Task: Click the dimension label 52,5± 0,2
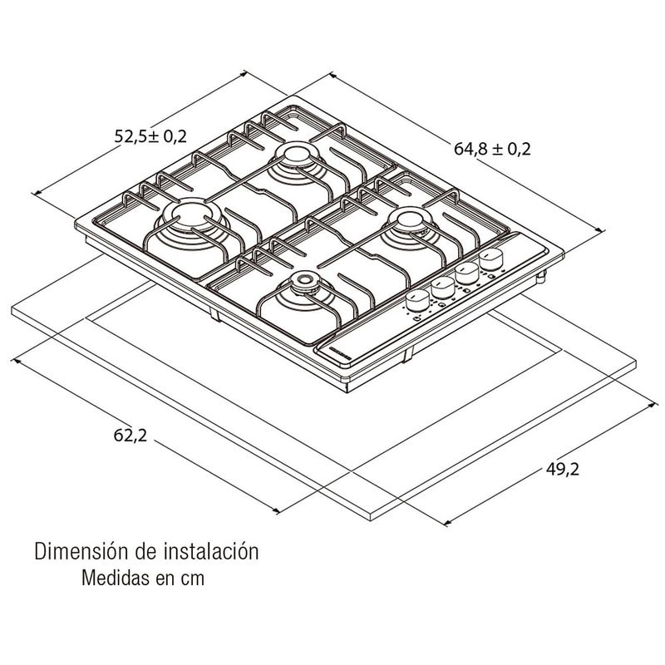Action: pos(150,136)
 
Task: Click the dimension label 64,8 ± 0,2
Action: pos(492,149)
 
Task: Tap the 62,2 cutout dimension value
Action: pos(131,435)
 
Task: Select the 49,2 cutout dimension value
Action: pos(563,469)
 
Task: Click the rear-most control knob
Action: pos(491,259)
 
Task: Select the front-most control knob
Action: pos(418,301)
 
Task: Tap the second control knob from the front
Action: pos(443,287)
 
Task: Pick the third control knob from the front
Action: pos(467,273)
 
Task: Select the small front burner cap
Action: pos(303,280)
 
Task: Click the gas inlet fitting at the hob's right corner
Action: pos(541,277)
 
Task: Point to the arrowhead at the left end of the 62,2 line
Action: pos(17,361)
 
